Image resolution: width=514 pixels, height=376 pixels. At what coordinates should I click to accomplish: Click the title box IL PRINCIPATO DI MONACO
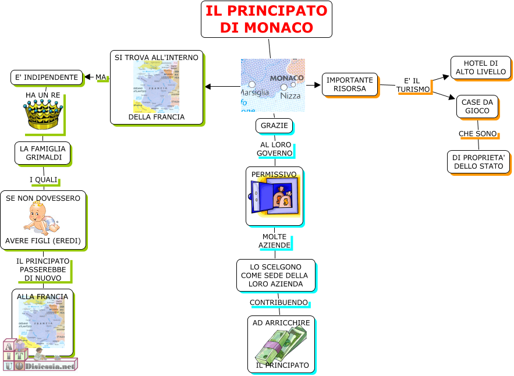[x=267, y=19]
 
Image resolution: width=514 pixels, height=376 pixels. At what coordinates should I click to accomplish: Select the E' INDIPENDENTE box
[x=47, y=77]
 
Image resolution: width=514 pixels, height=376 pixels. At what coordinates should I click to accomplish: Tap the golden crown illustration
[x=41, y=114]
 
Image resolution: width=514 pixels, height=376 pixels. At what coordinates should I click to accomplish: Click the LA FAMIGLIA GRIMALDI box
[x=42, y=153]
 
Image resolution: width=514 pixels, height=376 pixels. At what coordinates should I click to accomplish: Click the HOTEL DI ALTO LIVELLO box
[x=480, y=68]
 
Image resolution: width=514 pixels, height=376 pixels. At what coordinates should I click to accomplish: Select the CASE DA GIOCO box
[x=477, y=107]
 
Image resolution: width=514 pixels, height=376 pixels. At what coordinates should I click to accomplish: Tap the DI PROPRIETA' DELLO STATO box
[x=478, y=162]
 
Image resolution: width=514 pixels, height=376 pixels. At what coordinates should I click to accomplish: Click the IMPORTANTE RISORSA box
[x=349, y=84]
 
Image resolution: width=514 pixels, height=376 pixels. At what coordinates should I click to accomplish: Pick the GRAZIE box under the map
[x=274, y=126]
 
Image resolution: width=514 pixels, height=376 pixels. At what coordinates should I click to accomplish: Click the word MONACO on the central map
[x=286, y=78]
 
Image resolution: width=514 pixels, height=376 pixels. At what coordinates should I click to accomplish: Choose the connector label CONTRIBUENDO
[x=279, y=303]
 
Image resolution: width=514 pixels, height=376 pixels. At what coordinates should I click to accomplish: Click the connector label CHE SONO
[x=478, y=134]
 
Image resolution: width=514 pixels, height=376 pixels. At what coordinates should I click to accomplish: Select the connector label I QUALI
[x=44, y=180]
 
